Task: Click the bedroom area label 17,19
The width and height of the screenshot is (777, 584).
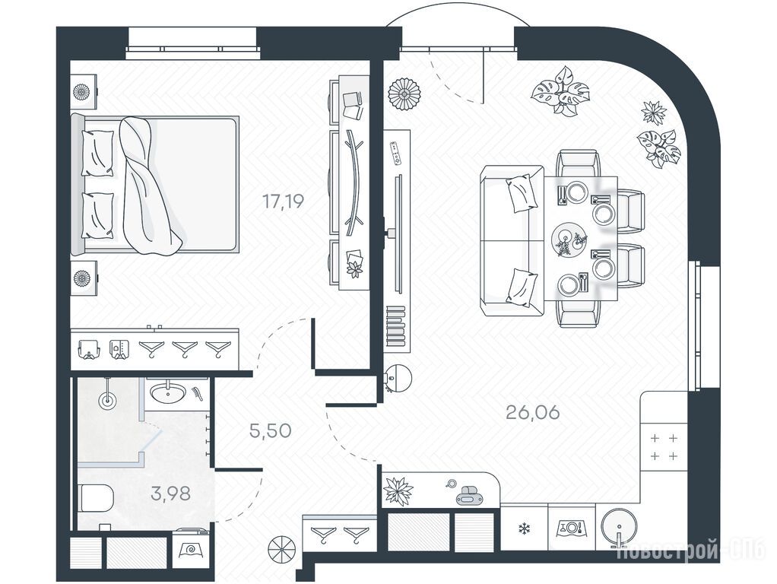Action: (283, 202)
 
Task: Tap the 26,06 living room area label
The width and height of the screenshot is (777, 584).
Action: (533, 412)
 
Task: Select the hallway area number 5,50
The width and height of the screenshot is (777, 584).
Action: (270, 431)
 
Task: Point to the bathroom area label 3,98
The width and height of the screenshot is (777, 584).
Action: (171, 494)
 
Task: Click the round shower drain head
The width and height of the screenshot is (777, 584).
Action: (106, 399)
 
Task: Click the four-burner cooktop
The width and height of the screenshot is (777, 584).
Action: (664, 447)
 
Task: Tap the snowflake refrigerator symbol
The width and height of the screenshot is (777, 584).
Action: (523, 528)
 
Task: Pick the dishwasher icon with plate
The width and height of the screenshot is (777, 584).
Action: (572, 527)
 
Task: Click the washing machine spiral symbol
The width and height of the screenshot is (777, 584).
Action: (190, 549)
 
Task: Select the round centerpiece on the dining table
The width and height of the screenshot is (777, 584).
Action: (567, 239)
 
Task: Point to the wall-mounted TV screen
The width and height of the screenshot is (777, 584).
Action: (398, 233)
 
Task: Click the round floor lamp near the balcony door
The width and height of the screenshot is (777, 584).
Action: (404, 95)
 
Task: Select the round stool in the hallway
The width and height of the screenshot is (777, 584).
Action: (281, 549)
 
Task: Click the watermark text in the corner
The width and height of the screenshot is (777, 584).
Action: (693, 551)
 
